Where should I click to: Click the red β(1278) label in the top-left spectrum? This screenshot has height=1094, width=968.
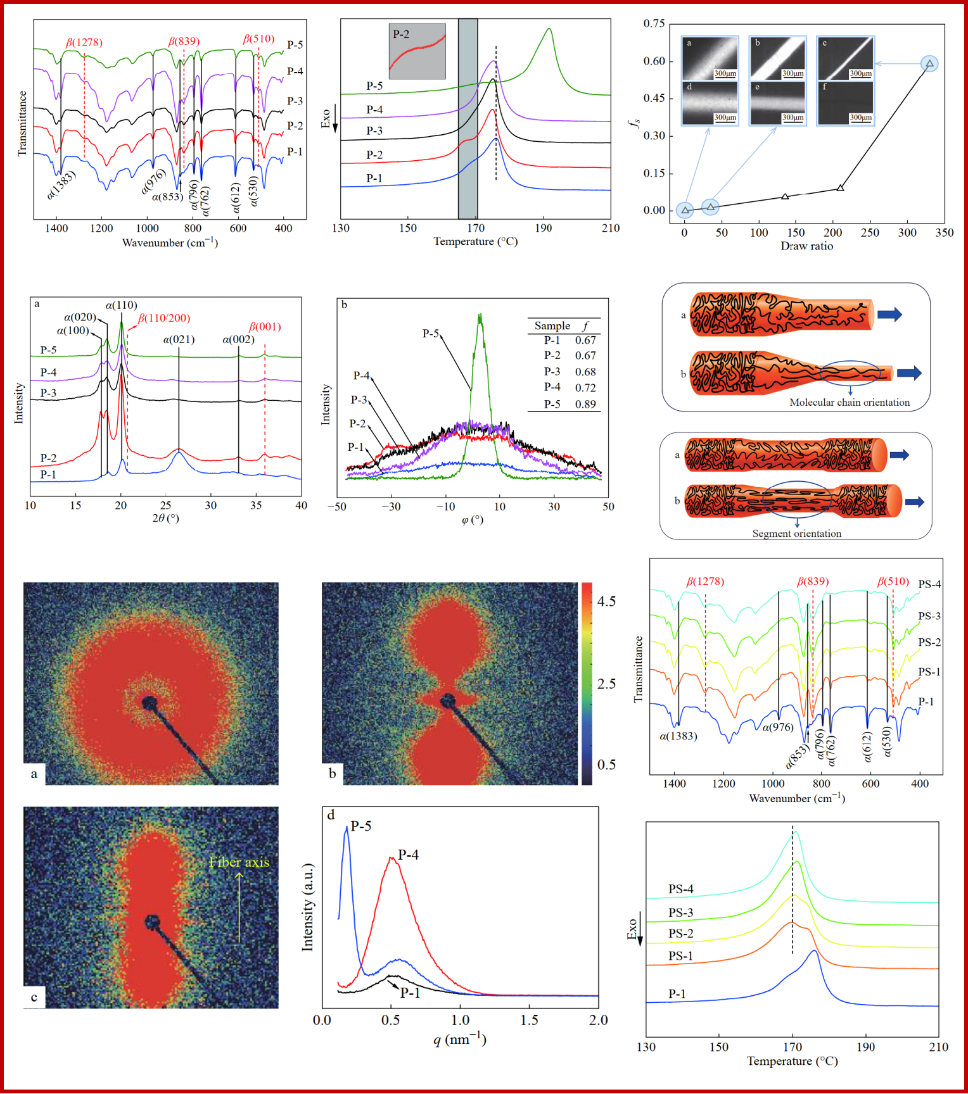pyautogui.click(x=84, y=42)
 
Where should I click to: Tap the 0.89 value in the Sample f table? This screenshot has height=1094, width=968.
pyautogui.click(x=585, y=404)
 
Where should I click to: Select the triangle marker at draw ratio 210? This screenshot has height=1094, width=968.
pyautogui.click(x=840, y=188)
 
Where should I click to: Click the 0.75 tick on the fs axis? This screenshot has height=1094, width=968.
pyautogui.click(x=654, y=24)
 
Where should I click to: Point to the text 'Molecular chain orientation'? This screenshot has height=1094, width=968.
pyautogui.click(x=849, y=403)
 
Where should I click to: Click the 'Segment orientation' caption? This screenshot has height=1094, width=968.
pyautogui.click(x=796, y=534)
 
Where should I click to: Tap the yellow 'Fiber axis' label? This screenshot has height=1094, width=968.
pyautogui.click(x=239, y=862)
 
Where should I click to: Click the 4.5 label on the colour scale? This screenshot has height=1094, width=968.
pyautogui.click(x=606, y=601)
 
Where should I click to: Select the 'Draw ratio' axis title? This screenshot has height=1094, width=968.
pyautogui.click(x=806, y=246)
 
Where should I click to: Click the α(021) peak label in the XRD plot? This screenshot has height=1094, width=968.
pyautogui.click(x=179, y=340)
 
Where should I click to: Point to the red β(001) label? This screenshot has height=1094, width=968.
pyautogui.click(x=265, y=327)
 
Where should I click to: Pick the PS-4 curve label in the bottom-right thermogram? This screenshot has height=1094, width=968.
pyautogui.click(x=680, y=890)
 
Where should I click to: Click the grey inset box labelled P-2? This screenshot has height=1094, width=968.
pyautogui.click(x=417, y=52)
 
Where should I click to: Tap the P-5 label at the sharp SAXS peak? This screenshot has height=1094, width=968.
pyautogui.click(x=360, y=826)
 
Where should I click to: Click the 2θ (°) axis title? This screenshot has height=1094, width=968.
pyautogui.click(x=165, y=519)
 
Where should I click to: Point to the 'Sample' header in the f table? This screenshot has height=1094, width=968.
pyautogui.click(x=552, y=326)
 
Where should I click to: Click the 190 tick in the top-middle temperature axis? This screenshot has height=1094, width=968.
pyautogui.click(x=543, y=229)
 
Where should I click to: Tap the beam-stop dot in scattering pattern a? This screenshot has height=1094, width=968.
pyautogui.click(x=150, y=703)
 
